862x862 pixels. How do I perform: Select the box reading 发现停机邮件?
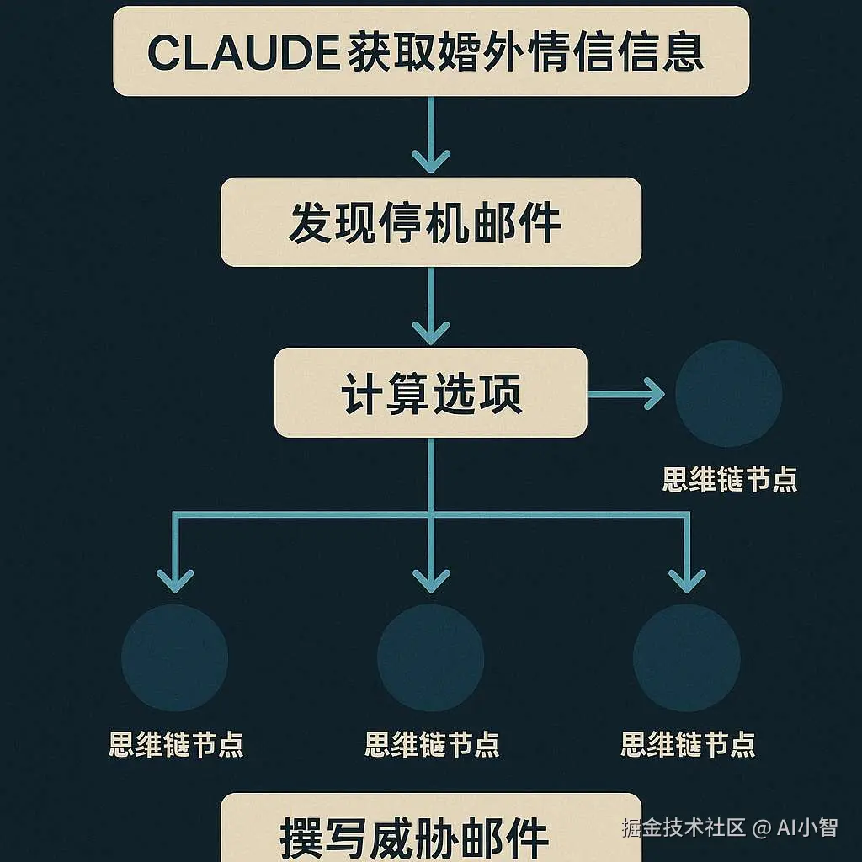pos(430,222)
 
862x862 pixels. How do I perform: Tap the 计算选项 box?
pos(430,392)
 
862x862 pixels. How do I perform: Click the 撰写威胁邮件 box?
pos(430,833)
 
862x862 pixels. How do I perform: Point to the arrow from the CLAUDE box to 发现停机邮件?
pos(431,135)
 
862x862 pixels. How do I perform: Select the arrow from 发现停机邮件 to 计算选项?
pos(431,306)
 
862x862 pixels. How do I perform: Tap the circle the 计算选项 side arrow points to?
pos(728,393)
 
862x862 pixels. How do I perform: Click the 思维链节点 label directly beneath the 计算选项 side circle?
pos(729,480)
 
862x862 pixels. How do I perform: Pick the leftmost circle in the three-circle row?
pos(175,657)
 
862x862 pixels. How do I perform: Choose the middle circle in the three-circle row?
pos(430,657)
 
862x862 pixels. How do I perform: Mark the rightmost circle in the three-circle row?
pos(686,657)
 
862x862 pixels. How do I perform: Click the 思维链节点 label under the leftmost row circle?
pos(176,744)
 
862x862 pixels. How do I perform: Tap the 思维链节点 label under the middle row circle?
pos(431,744)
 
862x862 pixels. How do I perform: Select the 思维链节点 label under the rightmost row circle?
pos(687,744)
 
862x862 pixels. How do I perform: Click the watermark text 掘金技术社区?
pos(684,827)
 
